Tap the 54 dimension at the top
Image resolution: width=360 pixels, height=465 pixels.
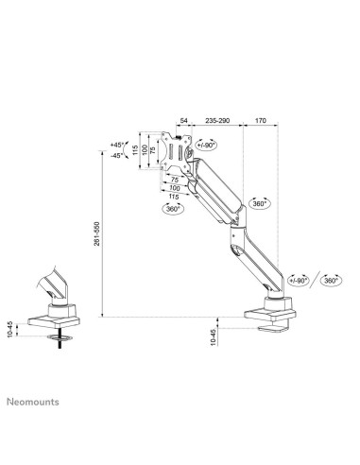(x=183, y=121)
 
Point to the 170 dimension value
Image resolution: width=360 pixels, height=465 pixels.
(x=259, y=121)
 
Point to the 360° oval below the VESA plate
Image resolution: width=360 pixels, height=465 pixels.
(x=173, y=209)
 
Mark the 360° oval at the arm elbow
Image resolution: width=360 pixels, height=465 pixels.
(x=261, y=202)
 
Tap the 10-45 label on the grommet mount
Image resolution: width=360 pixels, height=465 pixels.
(x=11, y=330)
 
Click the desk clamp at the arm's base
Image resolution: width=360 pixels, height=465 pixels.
(x=273, y=311)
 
